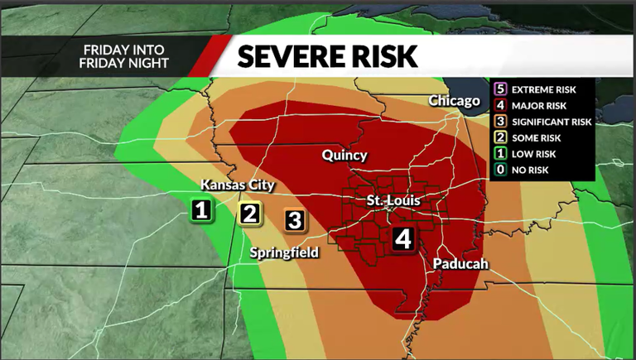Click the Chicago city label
pyautogui.click(x=455, y=101)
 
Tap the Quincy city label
pyautogui.click(x=344, y=156)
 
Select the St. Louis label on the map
pyautogui.click(x=394, y=201)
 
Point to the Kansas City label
pyautogui.click(x=238, y=185)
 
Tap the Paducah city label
pyautogui.click(x=460, y=264)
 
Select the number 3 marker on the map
pyautogui.click(x=296, y=220)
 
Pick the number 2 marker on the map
pyautogui.click(x=250, y=214)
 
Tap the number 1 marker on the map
pyautogui.click(x=200, y=211)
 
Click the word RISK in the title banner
pyautogui.click(x=383, y=56)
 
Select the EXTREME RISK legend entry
pyautogui.click(x=542, y=89)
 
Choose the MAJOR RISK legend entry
pyautogui.click(x=537, y=105)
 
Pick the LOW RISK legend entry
pyautogui.click(x=533, y=154)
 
